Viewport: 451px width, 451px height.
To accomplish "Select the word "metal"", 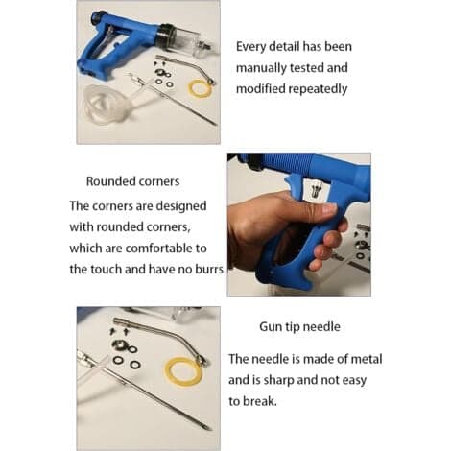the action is pyautogui.click(x=367, y=359).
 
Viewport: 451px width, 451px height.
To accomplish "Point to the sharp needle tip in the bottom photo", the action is pyautogui.click(x=209, y=429).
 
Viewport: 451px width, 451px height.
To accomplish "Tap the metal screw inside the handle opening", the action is pyautogui.click(x=315, y=190).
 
